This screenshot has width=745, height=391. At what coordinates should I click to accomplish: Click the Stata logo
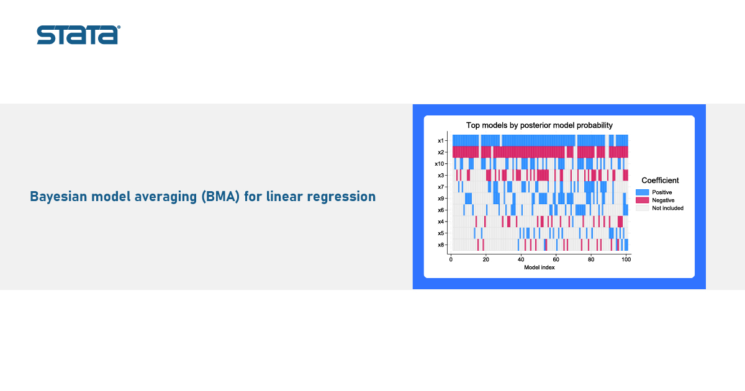(x=78, y=35)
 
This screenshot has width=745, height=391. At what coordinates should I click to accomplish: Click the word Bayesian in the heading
(x=58, y=197)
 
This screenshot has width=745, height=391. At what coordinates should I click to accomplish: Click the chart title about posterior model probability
(x=539, y=125)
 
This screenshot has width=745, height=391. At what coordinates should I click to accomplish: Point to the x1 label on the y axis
(x=441, y=141)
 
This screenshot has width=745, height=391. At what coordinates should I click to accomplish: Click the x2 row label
(x=441, y=152)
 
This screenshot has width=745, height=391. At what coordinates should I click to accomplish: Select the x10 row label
(x=440, y=164)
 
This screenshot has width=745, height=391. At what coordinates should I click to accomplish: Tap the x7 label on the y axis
(x=441, y=187)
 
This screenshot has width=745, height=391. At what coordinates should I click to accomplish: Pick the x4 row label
(x=441, y=222)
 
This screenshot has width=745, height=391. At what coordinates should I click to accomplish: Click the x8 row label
(x=441, y=245)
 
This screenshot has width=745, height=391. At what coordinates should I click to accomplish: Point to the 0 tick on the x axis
(x=451, y=259)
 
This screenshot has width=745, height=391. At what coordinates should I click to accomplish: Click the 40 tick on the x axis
(x=521, y=259)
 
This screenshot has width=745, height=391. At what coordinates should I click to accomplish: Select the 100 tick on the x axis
(x=626, y=259)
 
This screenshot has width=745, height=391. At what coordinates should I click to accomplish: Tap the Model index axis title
(x=539, y=267)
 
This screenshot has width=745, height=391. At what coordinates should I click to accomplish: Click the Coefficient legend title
(x=660, y=181)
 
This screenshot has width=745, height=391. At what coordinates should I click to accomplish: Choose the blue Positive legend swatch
(x=642, y=192)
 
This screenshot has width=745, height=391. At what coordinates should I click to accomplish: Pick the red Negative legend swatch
(x=642, y=200)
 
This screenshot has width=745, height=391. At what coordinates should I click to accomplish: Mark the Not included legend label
(x=667, y=208)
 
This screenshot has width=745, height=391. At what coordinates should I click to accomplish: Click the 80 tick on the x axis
(x=591, y=259)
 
